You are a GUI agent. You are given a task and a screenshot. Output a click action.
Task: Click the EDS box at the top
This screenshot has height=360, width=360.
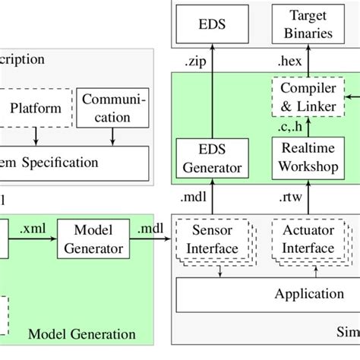(x=213, y=23)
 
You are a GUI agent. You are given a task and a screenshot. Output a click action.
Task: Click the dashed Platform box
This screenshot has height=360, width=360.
(x=35, y=109)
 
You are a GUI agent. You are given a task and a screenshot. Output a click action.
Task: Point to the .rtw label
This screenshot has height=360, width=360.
(x=290, y=199)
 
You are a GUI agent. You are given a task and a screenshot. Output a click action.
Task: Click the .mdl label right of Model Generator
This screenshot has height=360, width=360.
(x=149, y=226)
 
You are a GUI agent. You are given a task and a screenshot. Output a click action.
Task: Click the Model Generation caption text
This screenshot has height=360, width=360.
(x=81, y=334)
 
